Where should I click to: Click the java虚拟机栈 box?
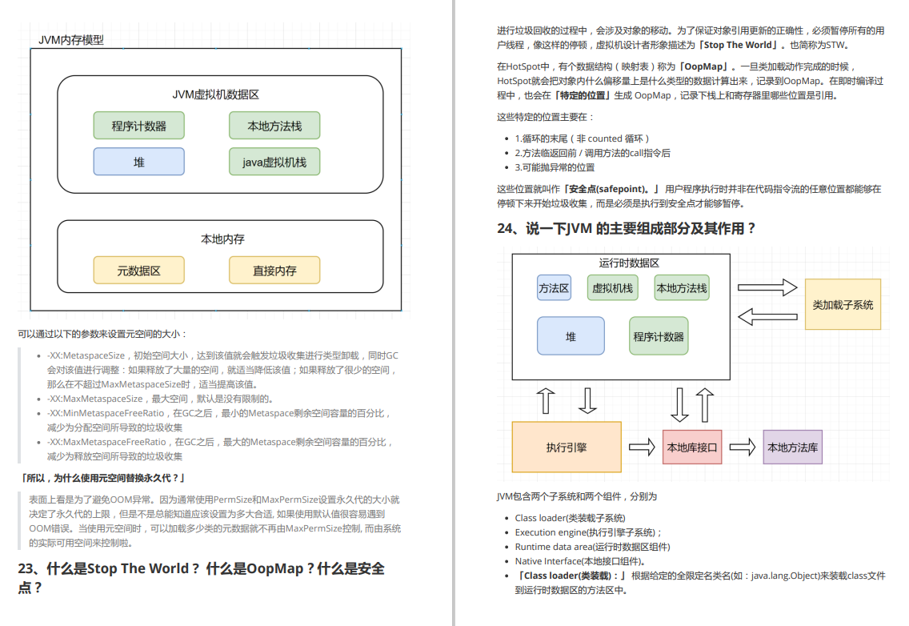(x=274, y=162)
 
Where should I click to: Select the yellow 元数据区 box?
(x=138, y=271)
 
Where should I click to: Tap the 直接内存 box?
(x=274, y=271)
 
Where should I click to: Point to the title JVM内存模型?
(x=71, y=40)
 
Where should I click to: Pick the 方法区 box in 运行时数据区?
(x=554, y=288)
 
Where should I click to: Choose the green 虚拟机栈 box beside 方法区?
(x=612, y=288)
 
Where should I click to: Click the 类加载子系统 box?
(x=843, y=304)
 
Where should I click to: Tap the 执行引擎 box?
(x=567, y=447)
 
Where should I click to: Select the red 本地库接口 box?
(x=692, y=447)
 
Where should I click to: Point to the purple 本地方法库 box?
(x=792, y=447)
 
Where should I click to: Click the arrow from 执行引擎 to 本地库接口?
(x=642, y=447)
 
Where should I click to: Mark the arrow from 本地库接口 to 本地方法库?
(x=742, y=447)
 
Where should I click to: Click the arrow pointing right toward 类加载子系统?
(x=767, y=288)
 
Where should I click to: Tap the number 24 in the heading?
(x=506, y=228)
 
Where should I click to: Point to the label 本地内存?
(x=222, y=239)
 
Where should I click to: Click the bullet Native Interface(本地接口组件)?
(x=580, y=561)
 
